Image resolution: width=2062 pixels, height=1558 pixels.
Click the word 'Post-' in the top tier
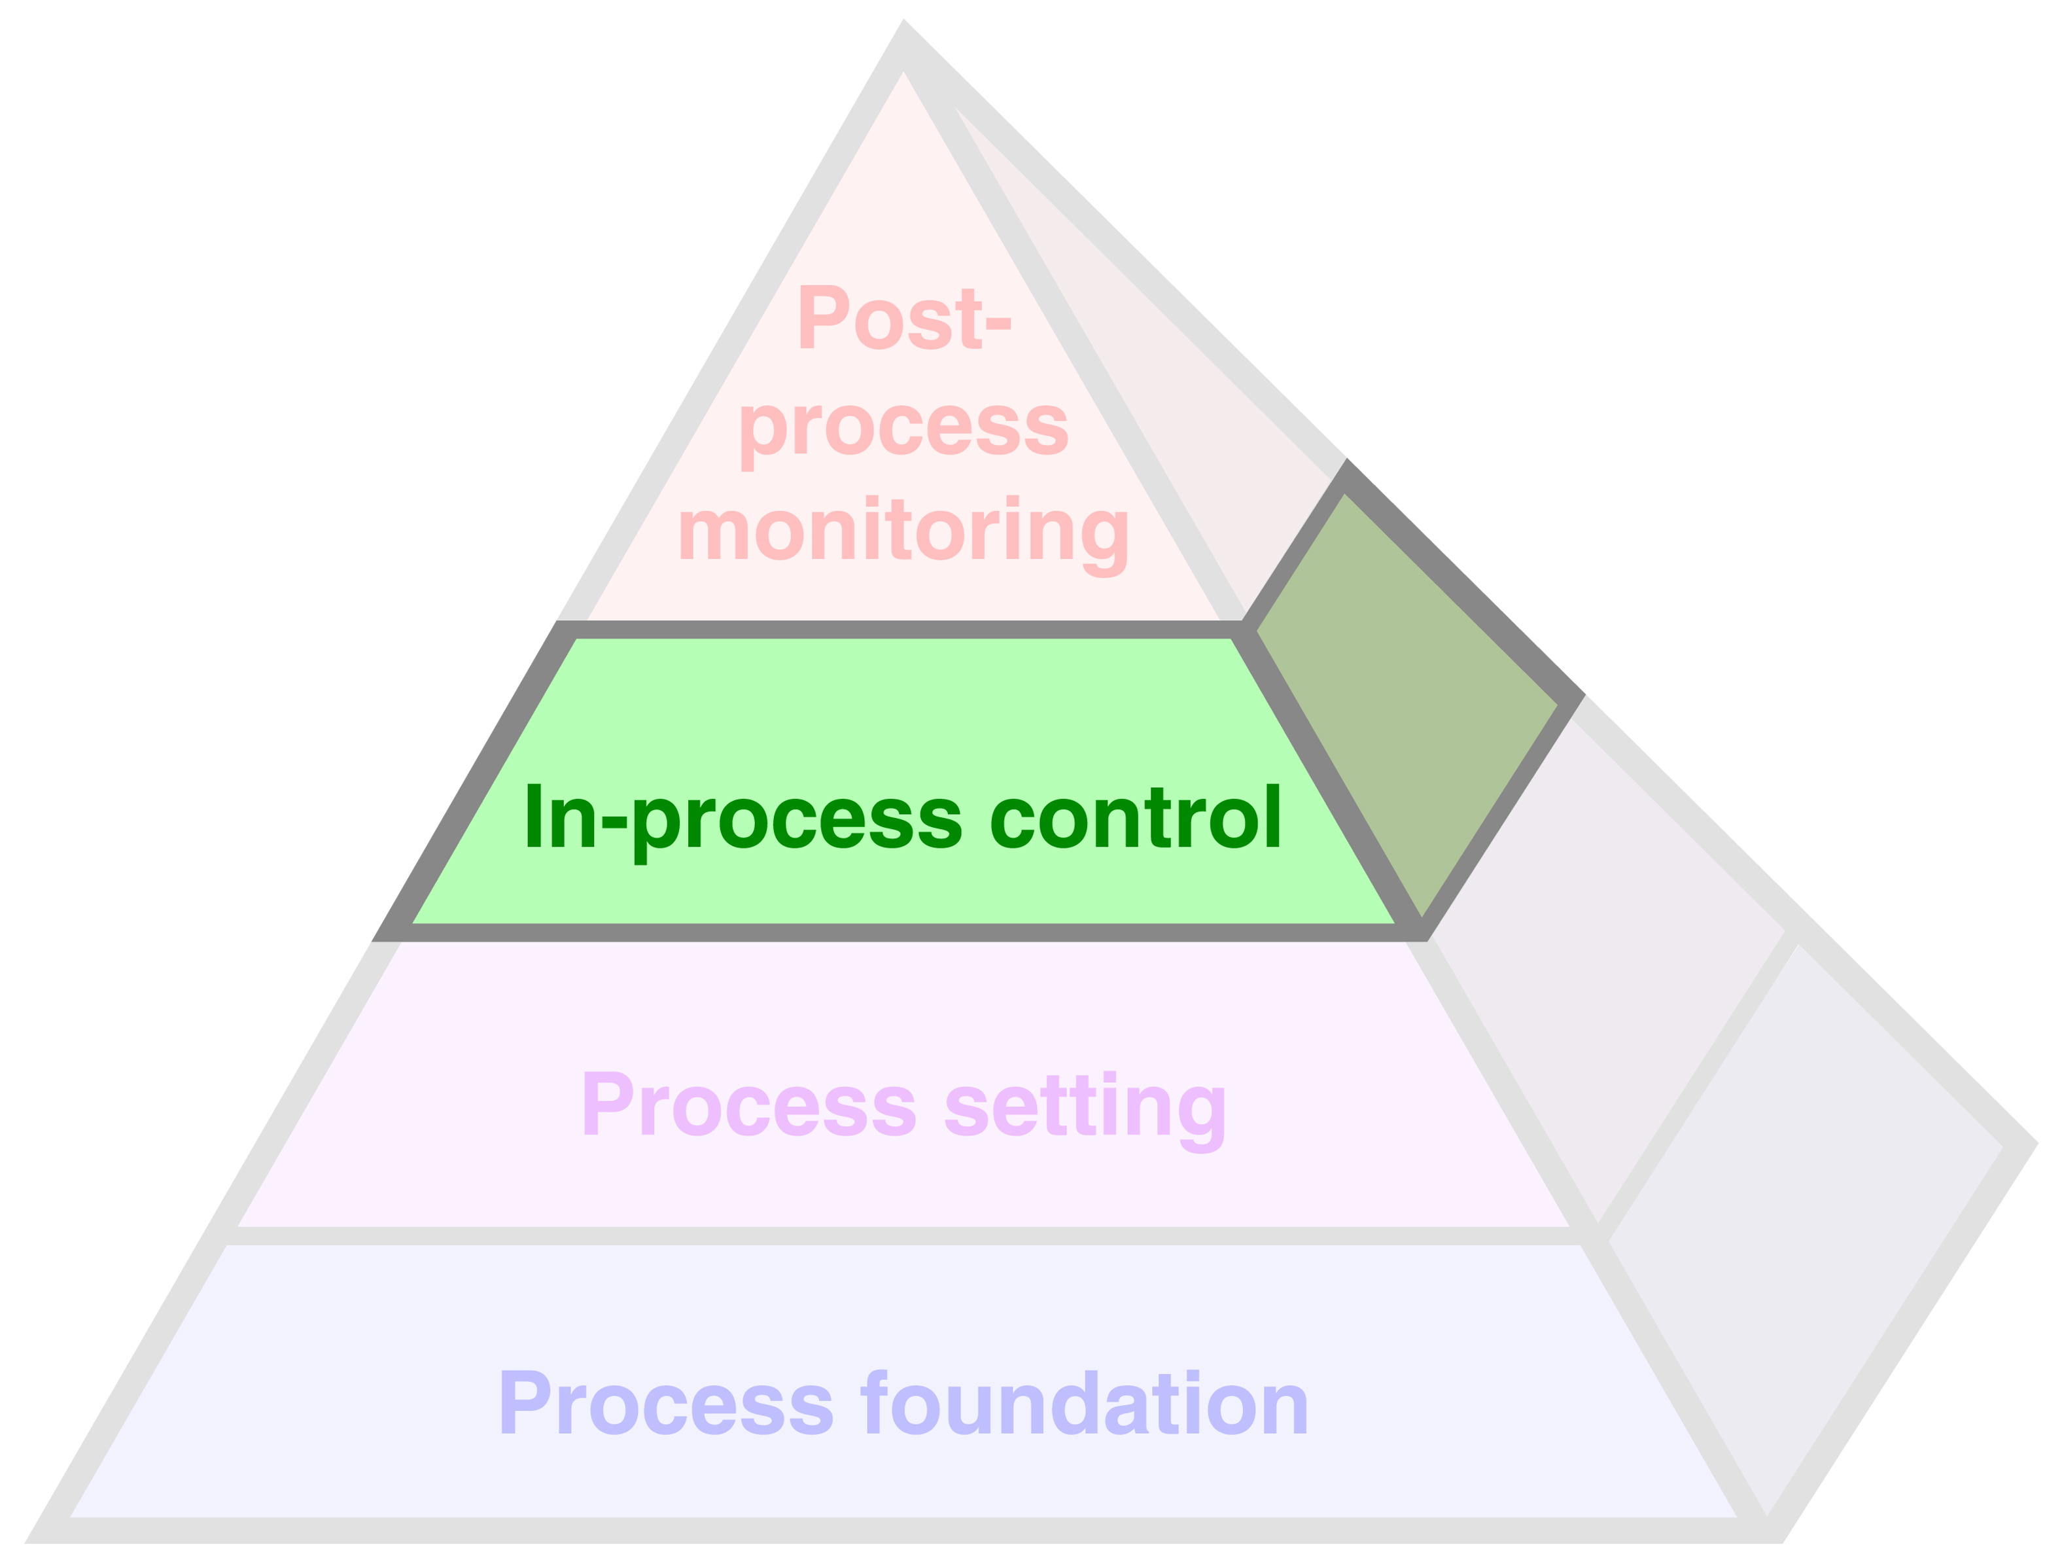(903, 318)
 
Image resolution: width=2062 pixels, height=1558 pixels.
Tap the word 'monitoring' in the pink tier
(903, 531)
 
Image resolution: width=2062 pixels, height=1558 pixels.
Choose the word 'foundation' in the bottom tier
(1085, 1403)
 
